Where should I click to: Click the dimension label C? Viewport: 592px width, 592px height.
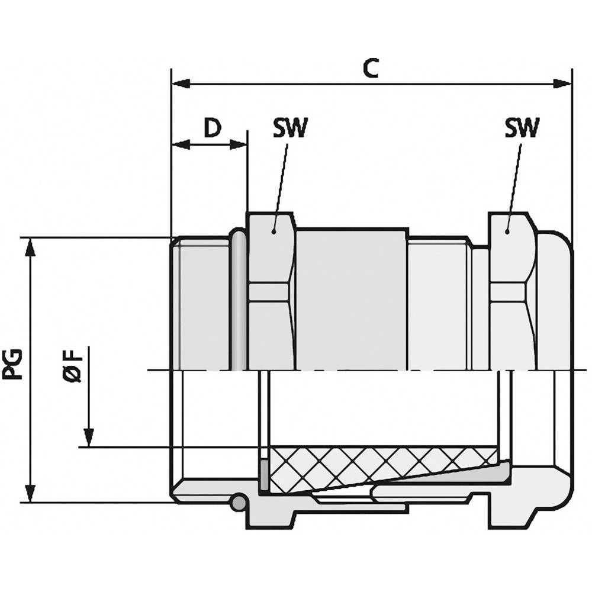371,69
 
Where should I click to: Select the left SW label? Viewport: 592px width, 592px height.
291,128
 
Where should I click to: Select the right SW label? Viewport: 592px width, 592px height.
522,128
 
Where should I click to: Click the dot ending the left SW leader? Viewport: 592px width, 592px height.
274,231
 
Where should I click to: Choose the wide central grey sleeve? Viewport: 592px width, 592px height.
352,299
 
